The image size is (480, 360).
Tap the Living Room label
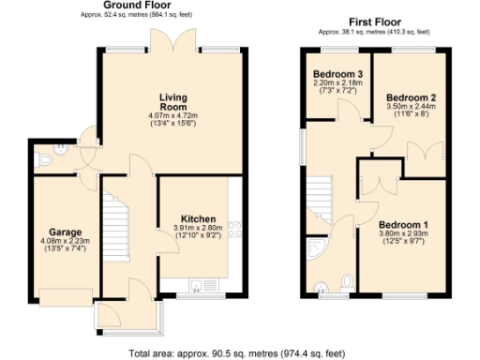click(x=174, y=100)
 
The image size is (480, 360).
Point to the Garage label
click(x=65, y=232)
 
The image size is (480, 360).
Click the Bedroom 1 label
click(x=403, y=224)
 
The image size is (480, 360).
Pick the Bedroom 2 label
click(x=412, y=97)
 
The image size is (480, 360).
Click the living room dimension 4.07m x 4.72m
click(x=174, y=116)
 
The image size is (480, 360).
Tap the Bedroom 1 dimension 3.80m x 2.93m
click(x=403, y=235)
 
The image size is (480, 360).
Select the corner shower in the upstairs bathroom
click(x=320, y=247)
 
